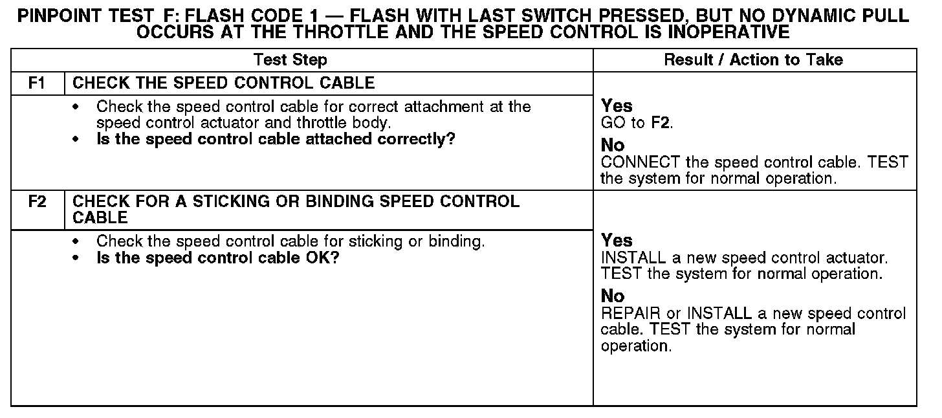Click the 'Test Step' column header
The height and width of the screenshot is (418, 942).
pos(290,60)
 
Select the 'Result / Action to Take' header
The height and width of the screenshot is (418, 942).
pos(754,60)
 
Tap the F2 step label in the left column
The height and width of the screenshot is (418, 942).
pos(38,202)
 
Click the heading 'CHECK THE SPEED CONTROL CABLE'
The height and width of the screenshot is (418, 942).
pos(224,83)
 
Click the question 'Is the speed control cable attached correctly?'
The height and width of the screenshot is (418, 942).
pos(276,139)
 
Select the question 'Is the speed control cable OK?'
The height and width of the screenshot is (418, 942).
pos(218,258)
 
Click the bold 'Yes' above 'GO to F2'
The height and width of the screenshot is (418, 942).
pos(617,106)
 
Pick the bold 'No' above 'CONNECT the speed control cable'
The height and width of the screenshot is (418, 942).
pos(613,146)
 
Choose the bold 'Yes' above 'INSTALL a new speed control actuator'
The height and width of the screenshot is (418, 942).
pos(617,241)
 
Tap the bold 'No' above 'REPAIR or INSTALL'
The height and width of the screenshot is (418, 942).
pos(613,296)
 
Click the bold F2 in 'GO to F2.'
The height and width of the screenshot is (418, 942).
pos(661,123)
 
